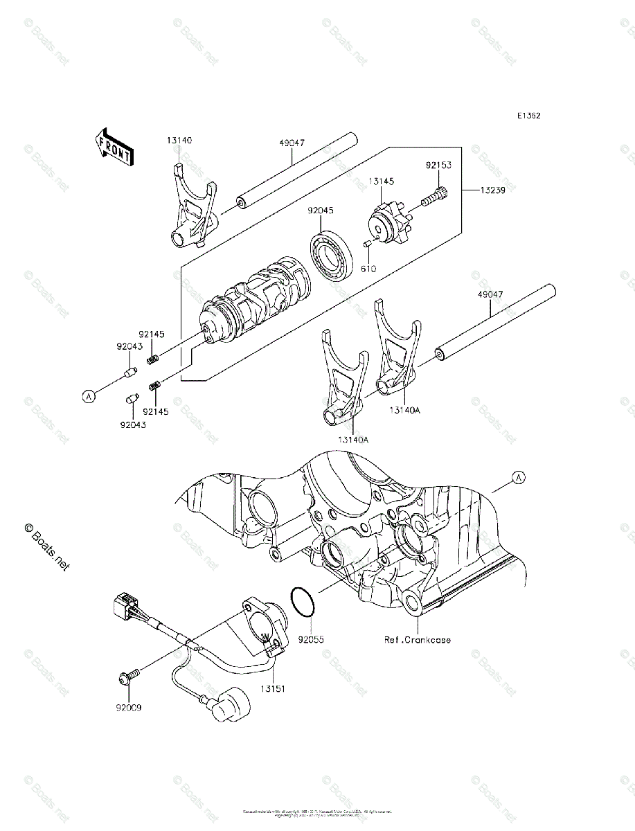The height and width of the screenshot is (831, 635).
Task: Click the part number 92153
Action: pyautogui.click(x=438, y=166)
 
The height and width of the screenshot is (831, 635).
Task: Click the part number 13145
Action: pyautogui.click(x=381, y=182)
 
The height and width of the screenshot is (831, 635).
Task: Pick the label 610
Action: pyautogui.click(x=368, y=268)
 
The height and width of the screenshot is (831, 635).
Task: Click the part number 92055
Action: pyautogui.click(x=311, y=639)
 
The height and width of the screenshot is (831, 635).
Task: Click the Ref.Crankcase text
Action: pyautogui.click(x=418, y=639)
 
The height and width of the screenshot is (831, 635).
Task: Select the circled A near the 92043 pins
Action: pyautogui.click(x=89, y=396)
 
